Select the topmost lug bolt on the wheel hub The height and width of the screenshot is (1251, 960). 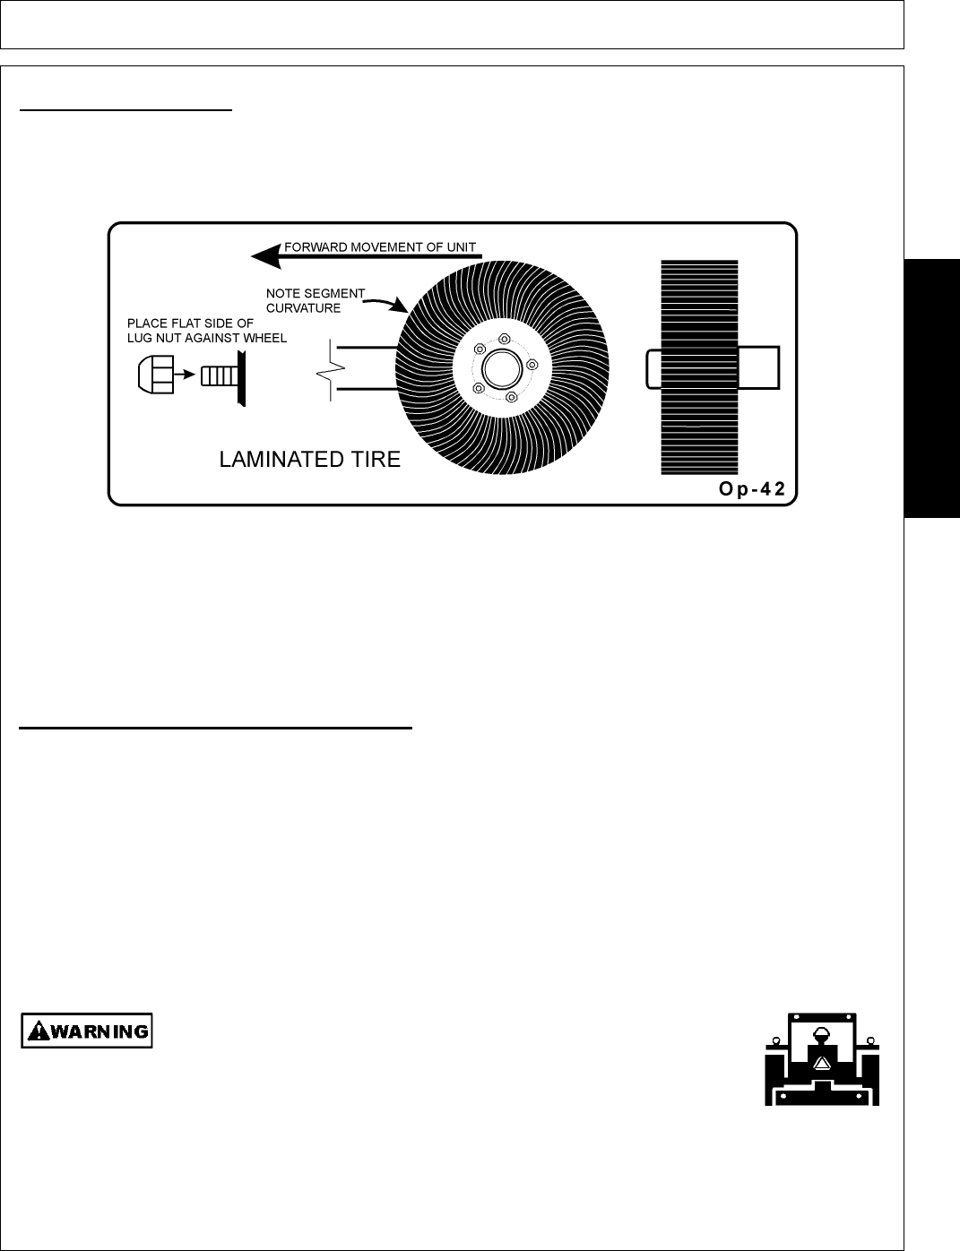point(505,339)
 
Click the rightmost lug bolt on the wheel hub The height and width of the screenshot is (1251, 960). point(532,365)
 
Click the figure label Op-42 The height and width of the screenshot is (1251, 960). point(750,489)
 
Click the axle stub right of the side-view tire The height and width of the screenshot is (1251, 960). point(760,367)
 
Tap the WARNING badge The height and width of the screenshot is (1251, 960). point(87,1031)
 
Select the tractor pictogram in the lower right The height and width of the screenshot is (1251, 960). point(822,1058)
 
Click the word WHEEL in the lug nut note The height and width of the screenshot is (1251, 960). point(262,339)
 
